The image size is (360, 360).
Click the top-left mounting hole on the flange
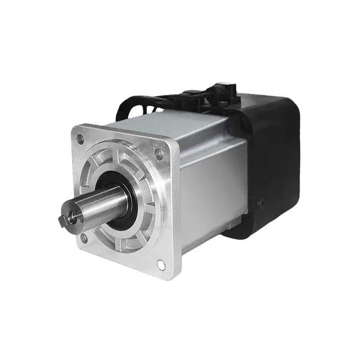pos(80,138)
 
